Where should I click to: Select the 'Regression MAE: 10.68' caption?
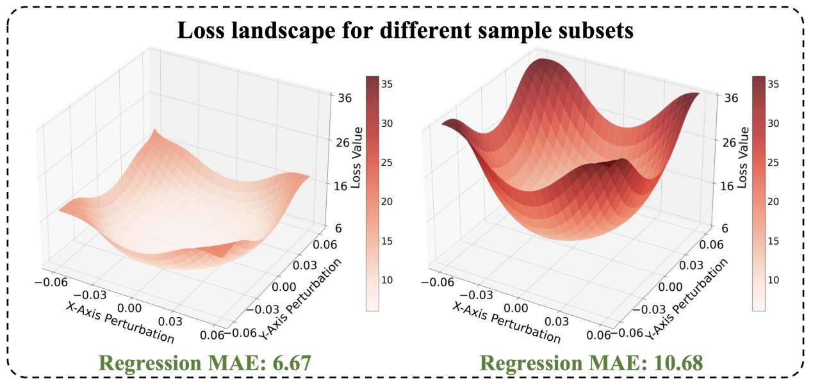coord(591,363)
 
